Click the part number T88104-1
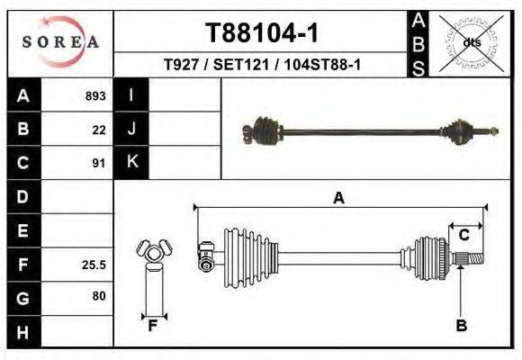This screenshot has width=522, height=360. pos(262,33)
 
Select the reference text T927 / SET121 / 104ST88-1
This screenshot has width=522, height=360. pos(262,65)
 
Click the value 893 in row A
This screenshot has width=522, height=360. pos(95,95)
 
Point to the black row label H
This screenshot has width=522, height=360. pos(23,332)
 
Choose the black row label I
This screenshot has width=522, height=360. pos(131,95)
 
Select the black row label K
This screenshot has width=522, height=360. pos(131,163)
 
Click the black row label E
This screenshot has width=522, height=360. pos(23,231)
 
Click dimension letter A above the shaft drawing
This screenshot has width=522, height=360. pos(339,199)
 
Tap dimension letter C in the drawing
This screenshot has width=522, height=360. pos(463,235)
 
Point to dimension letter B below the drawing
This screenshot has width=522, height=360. pos(462,326)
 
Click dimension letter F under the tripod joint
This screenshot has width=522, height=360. pos(153,326)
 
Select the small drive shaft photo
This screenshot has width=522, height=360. pos(369,133)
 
